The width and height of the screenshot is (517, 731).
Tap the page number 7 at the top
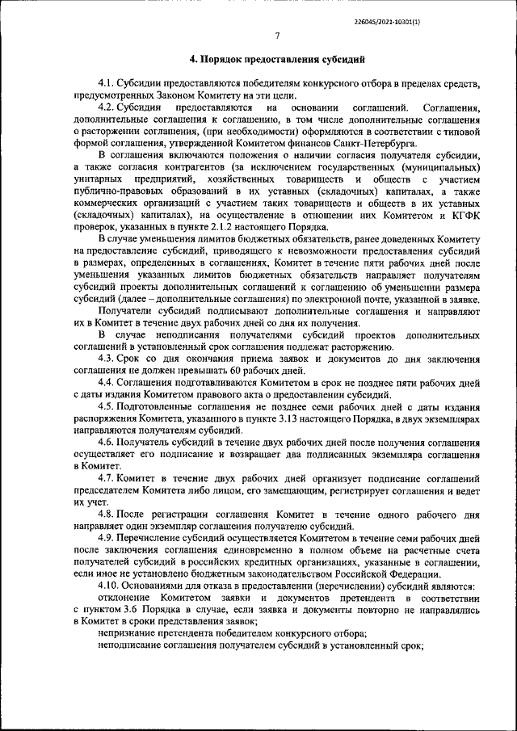276,36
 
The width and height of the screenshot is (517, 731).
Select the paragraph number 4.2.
105,107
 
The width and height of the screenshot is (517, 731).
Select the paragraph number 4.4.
105,380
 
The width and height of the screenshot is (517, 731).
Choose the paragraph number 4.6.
105,443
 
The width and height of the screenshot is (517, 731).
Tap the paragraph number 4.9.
105,536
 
